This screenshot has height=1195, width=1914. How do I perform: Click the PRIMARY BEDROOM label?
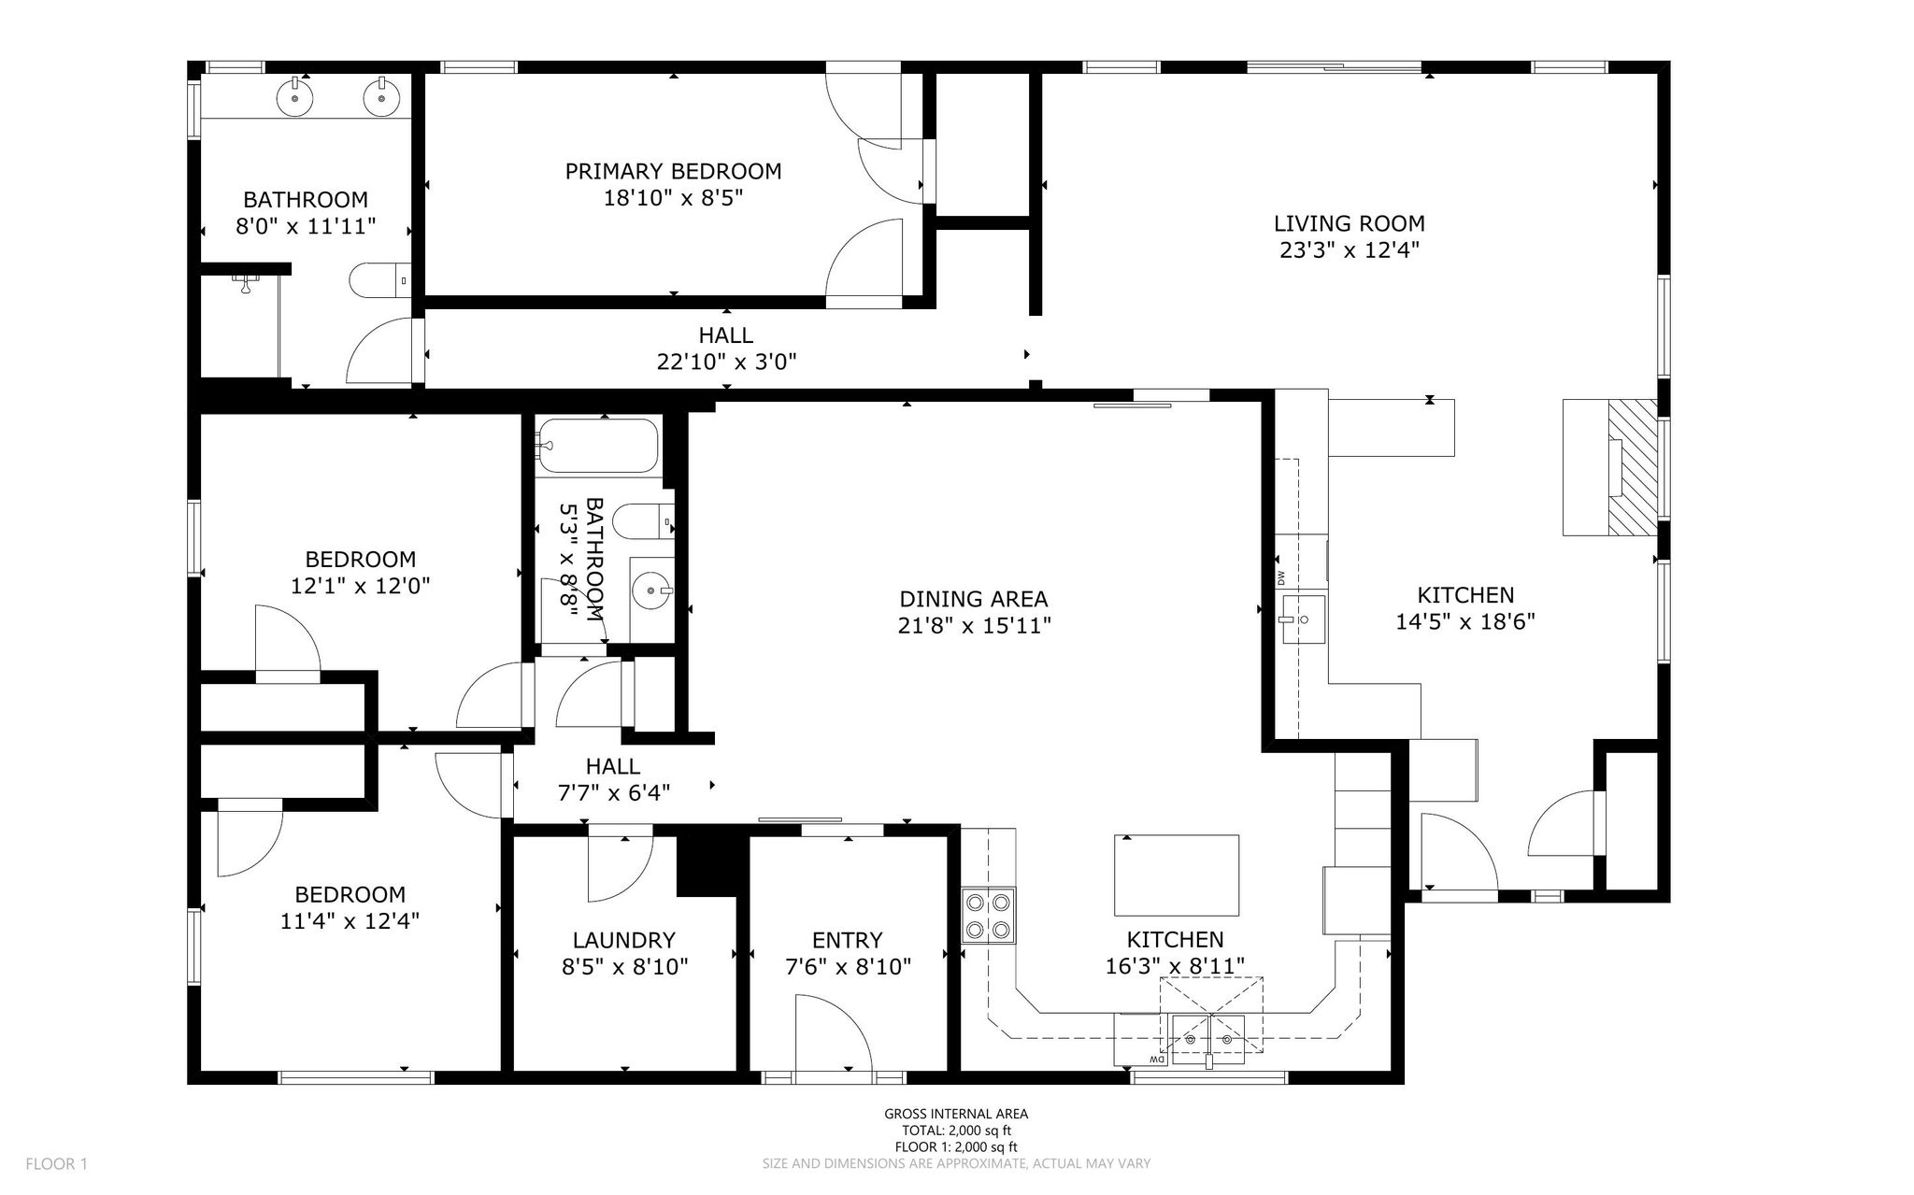[x=673, y=172]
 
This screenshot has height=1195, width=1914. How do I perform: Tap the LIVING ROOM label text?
[x=1350, y=224]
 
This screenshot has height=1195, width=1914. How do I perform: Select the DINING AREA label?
[x=974, y=600]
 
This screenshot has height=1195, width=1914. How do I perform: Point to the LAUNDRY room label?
[x=624, y=941]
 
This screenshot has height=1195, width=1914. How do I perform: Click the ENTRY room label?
[x=848, y=941]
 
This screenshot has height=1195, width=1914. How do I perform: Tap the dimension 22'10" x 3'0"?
[x=726, y=362]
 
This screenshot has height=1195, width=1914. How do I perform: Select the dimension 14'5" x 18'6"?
[x=1465, y=622]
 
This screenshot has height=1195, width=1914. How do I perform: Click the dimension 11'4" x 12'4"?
[x=350, y=921]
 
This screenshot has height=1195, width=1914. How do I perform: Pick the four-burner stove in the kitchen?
[x=989, y=917]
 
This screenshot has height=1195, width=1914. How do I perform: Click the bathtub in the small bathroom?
[x=598, y=446]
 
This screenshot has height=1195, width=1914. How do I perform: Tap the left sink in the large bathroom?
[x=295, y=97]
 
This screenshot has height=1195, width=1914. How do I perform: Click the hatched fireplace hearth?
[x=1632, y=468]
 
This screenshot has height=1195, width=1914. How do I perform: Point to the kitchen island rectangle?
[x=1177, y=875]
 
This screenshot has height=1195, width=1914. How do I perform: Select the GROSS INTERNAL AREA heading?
[x=956, y=1114]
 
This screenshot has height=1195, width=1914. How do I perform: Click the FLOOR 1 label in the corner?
[x=56, y=1164]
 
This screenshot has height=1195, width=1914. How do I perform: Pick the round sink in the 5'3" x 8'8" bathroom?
[x=651, y=590]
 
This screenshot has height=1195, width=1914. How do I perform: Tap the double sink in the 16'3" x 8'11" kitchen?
[x=1208, y=1040]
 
